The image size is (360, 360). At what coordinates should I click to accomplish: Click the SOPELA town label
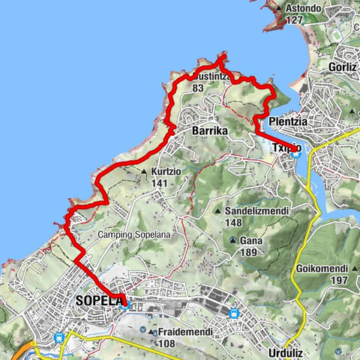(x=98, y=301)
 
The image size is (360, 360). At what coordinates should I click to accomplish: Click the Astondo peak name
(x=304, y=9)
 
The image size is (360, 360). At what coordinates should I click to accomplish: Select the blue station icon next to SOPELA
(x=124, y=304)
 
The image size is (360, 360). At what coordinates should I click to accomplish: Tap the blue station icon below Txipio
(x=296, y=154)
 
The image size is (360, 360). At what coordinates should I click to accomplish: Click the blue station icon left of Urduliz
(x=234, y=313)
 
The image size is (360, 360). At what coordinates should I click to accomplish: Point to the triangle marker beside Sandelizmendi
(x=217, y=211)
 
